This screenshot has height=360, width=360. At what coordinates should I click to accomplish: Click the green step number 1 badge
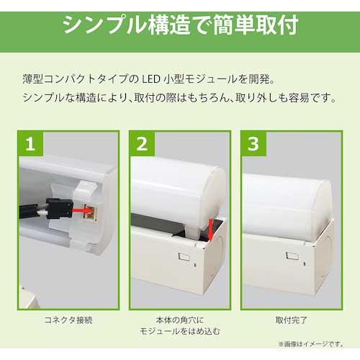pyautogui.click(x=30, y=143)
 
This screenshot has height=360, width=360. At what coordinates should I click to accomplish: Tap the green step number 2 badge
pyautogui.click(x=142, y=143)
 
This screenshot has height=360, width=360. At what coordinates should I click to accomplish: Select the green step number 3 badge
pyautogui.click(x=253, y=143)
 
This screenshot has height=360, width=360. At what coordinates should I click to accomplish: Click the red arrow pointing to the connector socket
pyautogui.click(x=82, y=211)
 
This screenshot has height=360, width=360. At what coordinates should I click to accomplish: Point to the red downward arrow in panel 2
pyautogui.click(x=211, y=230)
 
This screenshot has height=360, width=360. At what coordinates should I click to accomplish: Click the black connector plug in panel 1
pyautogui.click(x=60, y=208)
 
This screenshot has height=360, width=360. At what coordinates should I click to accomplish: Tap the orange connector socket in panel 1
pyautogui.click(x=90, y=211)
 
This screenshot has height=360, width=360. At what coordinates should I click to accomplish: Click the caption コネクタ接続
pyautogui.click(x=68, y=320)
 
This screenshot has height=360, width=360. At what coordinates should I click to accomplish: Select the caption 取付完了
pyautogui.click(x=292, y=320)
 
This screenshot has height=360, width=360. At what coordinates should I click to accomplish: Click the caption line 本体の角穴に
pyautogui.click(x=180, y=320)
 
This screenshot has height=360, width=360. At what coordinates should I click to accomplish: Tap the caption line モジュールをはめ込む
pyautogui.click(x=180, y=331)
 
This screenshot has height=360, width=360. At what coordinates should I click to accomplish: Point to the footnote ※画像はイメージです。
pyautogui.click(x=311, y=344)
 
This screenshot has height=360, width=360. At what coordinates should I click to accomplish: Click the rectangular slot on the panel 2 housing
pyautogui.click(x=184, y=257)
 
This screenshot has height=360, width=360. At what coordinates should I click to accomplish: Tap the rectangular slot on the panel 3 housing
pyautogui.click(x=292, y=256)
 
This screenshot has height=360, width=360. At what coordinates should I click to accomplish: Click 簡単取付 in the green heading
pyautogui.click(x=256, y=25)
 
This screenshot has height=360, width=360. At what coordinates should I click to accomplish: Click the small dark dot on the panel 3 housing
pyautogui.click(x=305, y=264)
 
